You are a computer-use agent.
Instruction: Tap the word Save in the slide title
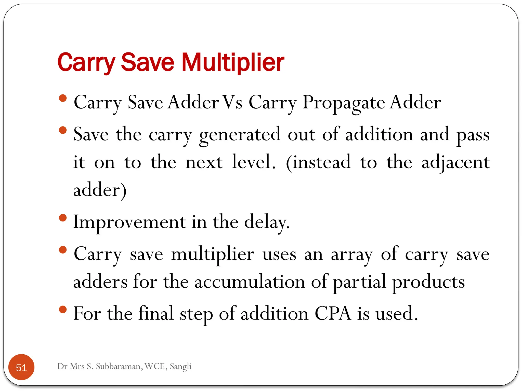coord(148,62)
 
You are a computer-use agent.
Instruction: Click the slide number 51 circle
coord(21,367)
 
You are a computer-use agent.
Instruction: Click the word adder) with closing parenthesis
coord(100,190)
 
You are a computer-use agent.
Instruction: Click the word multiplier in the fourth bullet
coord(213,255)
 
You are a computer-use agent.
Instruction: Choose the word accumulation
coord(250,282)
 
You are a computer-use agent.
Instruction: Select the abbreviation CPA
coord(333,313)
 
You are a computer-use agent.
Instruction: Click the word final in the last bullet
coord(156,313)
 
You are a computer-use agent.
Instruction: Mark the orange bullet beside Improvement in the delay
coord(63,218)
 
